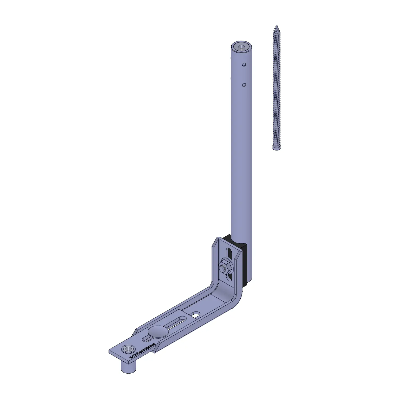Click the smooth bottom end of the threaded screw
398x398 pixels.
(276, 148)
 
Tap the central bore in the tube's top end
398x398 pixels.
(241, 47)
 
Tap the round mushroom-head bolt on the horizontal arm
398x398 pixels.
(158, 331)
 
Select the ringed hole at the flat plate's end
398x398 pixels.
(128, 349)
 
